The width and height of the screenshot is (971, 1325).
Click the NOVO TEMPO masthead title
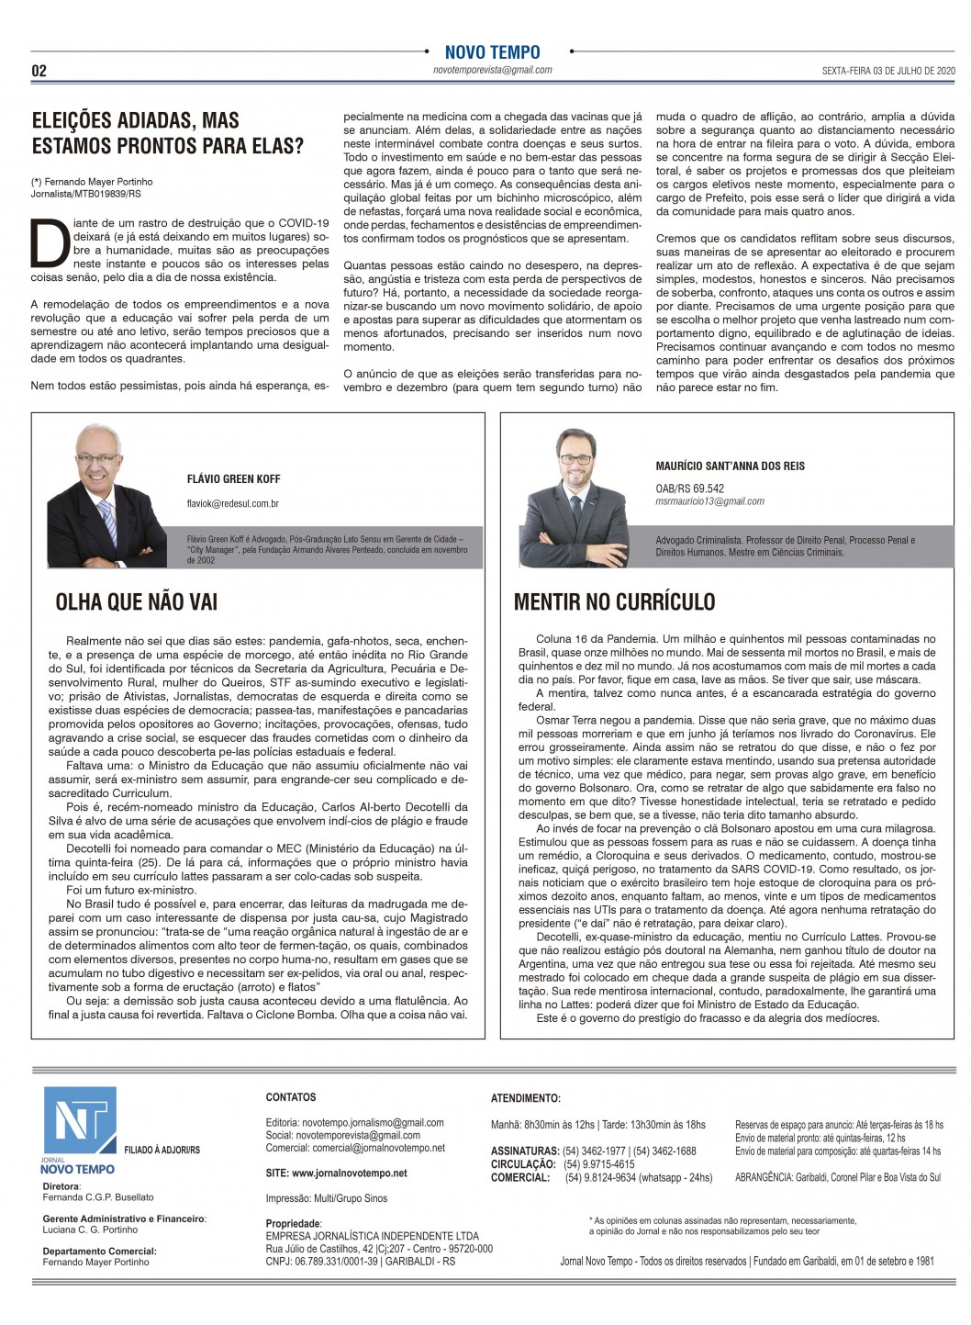pos(492,52)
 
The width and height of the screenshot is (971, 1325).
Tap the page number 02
pos(39,71)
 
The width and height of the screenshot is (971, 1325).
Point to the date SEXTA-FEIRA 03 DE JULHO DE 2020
pos(887,71)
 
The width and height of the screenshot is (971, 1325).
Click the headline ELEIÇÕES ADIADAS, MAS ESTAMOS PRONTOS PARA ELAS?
pos(167,133)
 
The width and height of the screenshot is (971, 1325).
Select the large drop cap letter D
pos(50,242)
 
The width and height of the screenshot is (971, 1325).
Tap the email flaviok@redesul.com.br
pos(232,503)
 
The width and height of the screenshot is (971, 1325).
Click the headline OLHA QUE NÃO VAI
pos(137,602)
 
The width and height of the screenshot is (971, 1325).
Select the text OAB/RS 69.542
pos(689,488)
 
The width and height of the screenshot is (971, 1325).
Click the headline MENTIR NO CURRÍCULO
pos(614,602)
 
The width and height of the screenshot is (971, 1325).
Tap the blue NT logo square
pos(81,1120)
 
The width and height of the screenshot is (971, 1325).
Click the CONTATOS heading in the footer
pos(290,1097)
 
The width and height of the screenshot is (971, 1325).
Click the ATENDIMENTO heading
pos(525,1098)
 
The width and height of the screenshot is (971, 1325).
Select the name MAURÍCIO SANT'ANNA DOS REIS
pos(730,466)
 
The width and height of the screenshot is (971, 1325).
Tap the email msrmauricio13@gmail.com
pos(709,501)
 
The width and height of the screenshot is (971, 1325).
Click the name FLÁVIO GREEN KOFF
pos(233,479)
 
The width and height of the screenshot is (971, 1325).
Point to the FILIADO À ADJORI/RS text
pos(162,1150)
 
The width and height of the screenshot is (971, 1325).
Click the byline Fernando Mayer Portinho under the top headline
pos(97,182)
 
